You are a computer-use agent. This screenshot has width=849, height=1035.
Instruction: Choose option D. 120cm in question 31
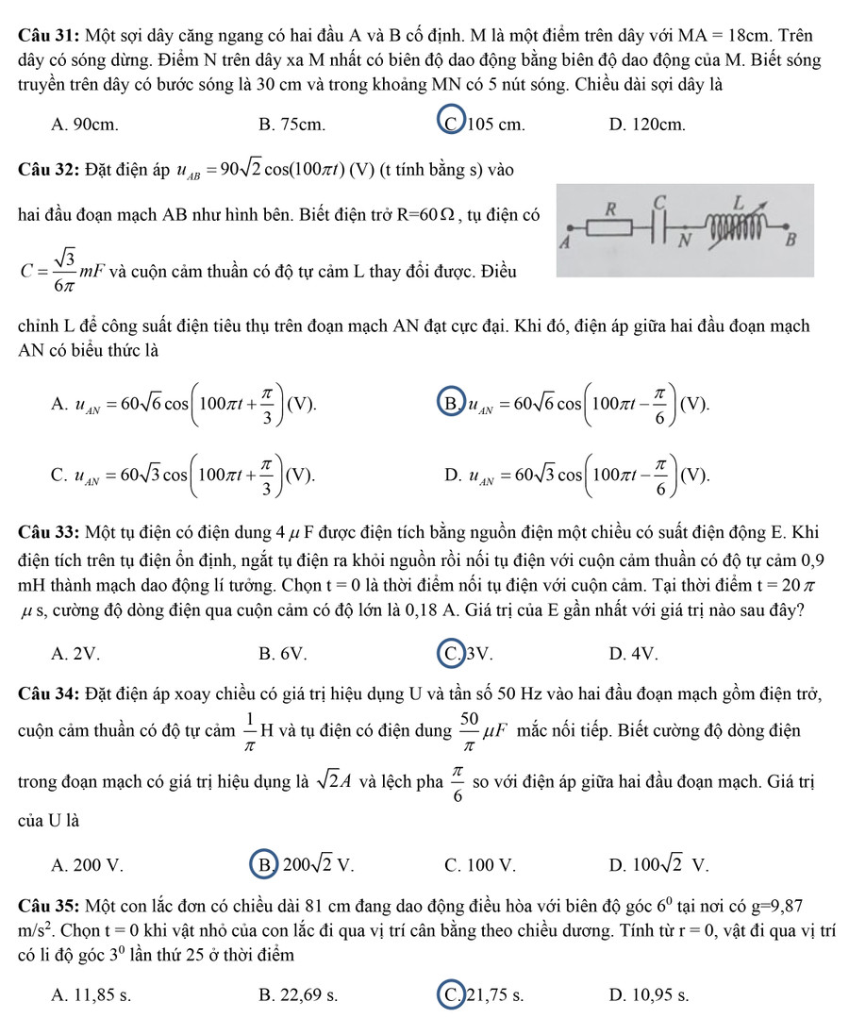click(x=647, y=124)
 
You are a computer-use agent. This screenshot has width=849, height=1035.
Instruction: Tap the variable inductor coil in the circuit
click(x=735, y=225)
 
